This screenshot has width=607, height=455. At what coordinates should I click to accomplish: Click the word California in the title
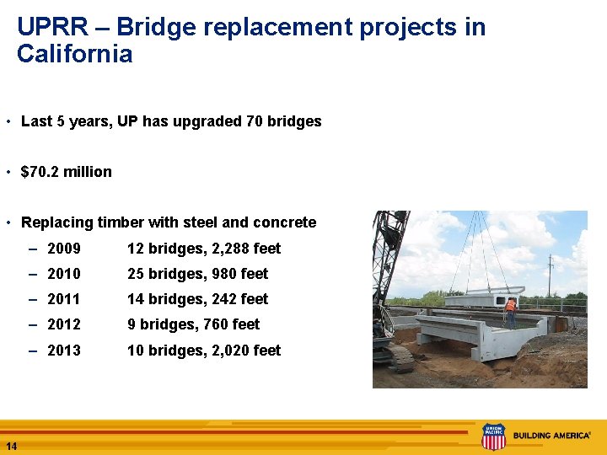tap(74, 55)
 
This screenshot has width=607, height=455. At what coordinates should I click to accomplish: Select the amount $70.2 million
tap(66, 172)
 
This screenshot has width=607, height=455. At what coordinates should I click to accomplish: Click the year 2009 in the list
tap(64, 249)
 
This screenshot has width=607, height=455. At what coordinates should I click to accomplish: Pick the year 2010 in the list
tap(64, 274)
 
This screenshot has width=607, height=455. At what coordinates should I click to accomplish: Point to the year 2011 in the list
tap(64, 299)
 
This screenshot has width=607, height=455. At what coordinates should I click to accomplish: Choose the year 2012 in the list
tap(64, 324)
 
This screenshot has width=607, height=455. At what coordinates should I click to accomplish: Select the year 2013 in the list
tap(64, 351)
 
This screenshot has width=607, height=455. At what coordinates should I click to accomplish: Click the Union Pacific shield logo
tap(493, 436)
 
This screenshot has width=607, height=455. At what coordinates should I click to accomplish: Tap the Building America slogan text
tap(552, 436)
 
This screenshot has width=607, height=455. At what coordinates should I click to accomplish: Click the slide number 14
tap(11, 446)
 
